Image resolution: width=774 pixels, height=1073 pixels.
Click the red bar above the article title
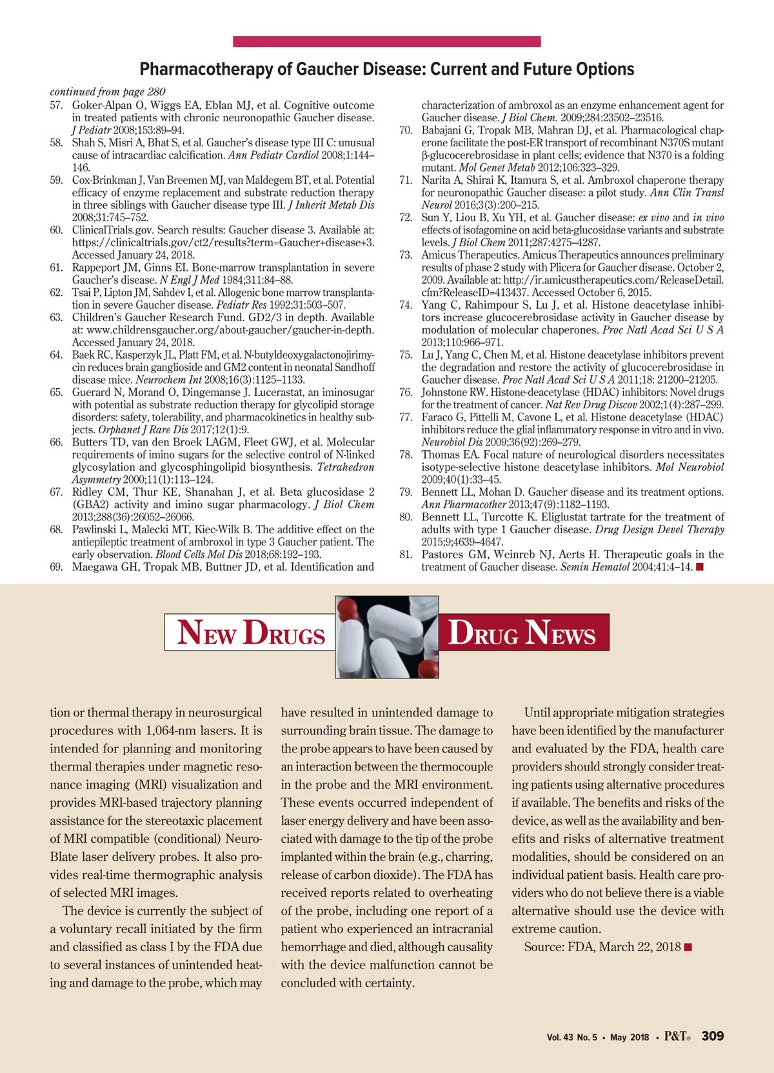386,42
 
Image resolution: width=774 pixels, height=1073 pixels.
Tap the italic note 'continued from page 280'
108,92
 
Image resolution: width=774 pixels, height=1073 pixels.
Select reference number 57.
57,105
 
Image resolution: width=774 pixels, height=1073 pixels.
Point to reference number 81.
406,555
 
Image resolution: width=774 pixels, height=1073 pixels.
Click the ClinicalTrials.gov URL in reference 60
223,242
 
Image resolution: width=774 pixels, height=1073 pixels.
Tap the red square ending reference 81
700,567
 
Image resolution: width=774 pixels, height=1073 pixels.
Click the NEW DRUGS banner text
251,632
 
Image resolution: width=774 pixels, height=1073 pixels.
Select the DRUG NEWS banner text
522,632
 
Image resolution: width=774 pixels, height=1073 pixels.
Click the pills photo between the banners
387,636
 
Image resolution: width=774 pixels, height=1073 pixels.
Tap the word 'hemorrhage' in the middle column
313,947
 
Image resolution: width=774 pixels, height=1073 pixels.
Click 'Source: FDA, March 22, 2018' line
602,947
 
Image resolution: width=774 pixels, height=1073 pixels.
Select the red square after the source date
688,947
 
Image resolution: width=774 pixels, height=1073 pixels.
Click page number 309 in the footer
713,1036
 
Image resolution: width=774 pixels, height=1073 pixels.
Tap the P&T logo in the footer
677,1036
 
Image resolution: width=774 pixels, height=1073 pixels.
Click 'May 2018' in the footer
630,1038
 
